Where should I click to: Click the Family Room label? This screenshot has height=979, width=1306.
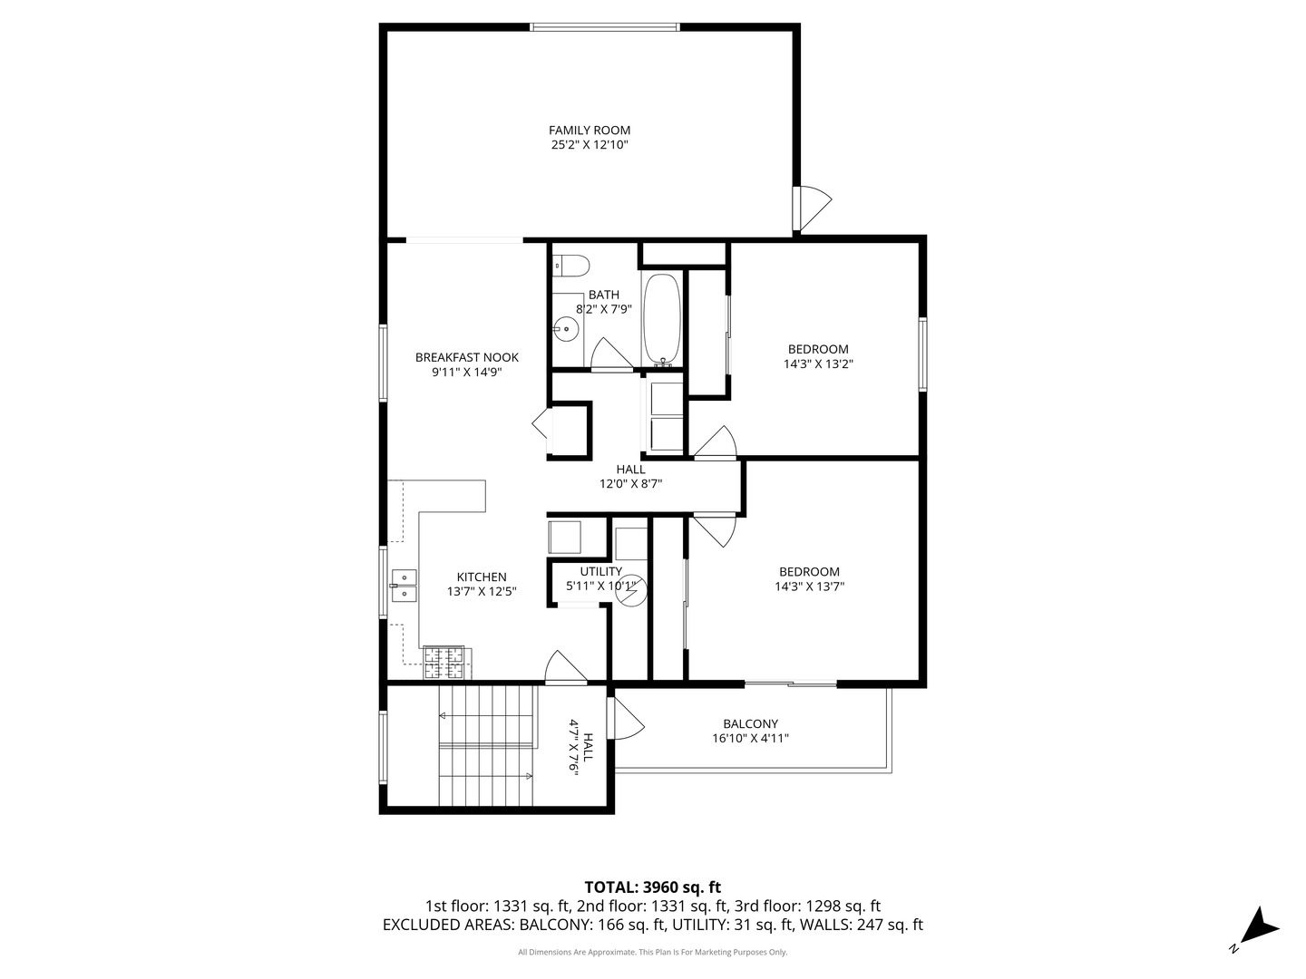(589, 131)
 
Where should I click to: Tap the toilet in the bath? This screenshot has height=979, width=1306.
(570, 265)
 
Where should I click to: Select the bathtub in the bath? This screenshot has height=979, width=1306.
(660, 318)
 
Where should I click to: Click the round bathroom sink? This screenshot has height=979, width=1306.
(567, 329)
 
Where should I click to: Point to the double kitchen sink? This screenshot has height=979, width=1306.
(404, 586)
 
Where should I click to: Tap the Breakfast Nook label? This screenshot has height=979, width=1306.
(466, 357)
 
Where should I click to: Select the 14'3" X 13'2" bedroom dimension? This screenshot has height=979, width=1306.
(818, 363)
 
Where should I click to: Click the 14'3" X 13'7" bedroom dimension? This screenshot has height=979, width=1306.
(809, 586)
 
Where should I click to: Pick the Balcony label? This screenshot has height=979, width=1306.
(750, 724)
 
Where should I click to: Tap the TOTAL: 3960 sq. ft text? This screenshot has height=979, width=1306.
(653, 887)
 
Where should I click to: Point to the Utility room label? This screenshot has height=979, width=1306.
(601, 572)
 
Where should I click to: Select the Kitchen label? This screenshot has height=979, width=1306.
(482, 577)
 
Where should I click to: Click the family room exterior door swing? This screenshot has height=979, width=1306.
(813, 208)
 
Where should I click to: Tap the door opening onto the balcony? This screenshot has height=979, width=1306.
(626, 718)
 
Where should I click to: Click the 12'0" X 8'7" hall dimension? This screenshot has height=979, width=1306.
(630, 484)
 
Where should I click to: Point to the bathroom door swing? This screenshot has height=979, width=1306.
(611, 354)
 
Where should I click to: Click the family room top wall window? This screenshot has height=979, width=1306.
(605, 27)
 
